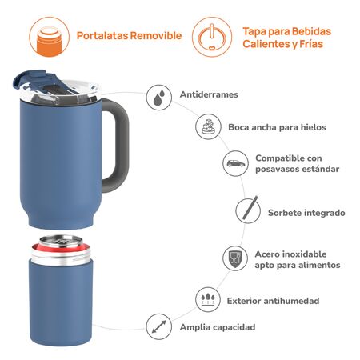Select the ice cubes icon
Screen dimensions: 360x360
(208, 126)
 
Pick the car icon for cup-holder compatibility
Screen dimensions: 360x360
(234, 163)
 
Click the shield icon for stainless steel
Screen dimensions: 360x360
(234, 258)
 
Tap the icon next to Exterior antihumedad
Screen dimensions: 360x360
(209, 300)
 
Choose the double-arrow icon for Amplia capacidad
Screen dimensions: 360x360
(159, 326)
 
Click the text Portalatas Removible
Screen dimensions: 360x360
(129, 36)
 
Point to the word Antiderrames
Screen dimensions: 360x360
(210, 94)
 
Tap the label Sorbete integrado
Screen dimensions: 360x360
(306, 213)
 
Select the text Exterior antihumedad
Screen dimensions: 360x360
(273, 301)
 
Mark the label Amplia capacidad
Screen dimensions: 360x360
(217, 327)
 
